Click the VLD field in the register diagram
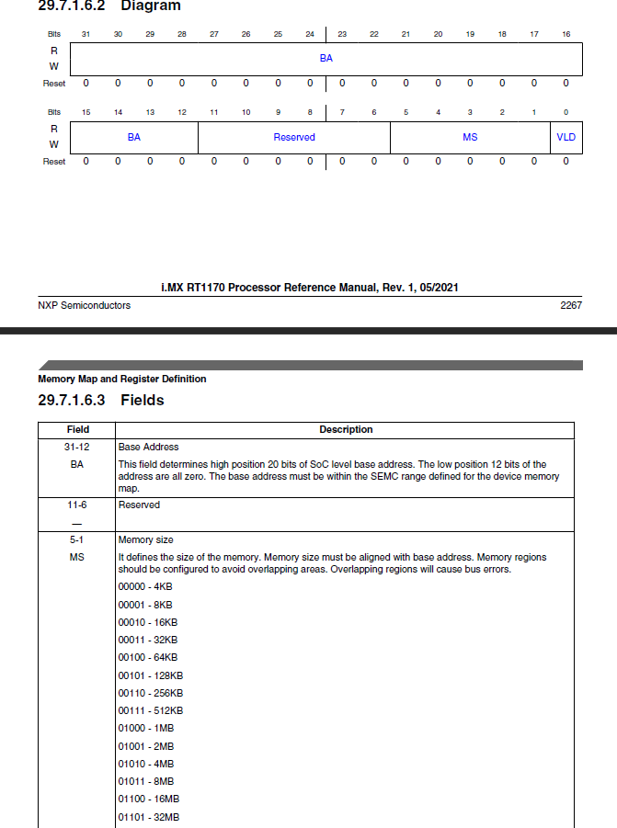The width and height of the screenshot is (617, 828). pos(566,137)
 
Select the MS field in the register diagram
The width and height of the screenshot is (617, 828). pos(470,137)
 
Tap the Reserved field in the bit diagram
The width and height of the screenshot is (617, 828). pos(294,137)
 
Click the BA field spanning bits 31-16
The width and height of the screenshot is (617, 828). pos(326,58)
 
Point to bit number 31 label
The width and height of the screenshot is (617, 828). pos(86,34)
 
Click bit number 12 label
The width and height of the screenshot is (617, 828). pos(182,112)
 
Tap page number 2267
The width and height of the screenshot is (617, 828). pos(571,305)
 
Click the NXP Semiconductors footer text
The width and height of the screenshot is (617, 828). pos(85,305)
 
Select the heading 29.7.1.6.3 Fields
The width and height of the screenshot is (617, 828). pos(101,401)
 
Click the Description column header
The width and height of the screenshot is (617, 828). pos(346,429)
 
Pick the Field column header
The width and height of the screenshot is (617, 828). pos(78,429)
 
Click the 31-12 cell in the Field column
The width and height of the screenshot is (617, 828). pos(78,447)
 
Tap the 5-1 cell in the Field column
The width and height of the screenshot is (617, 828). pos(78,540)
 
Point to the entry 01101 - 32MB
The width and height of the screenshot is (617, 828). pos(149,817)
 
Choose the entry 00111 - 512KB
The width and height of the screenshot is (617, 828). pos(151,710)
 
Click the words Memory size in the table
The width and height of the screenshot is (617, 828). pos(146,540)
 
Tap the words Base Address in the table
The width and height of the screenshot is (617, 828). pos(148,447)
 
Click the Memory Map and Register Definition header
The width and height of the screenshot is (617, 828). pos(122,379)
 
